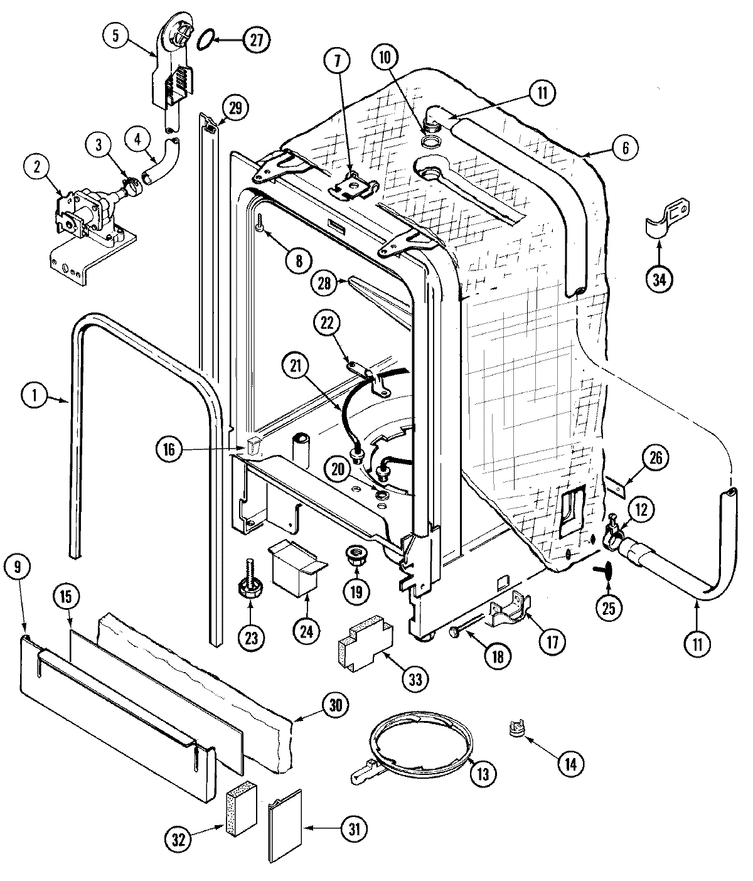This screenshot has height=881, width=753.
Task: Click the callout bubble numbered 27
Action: [255, 40]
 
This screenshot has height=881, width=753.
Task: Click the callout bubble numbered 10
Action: [385, 58]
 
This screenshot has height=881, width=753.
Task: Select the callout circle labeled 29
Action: [234, 108]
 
